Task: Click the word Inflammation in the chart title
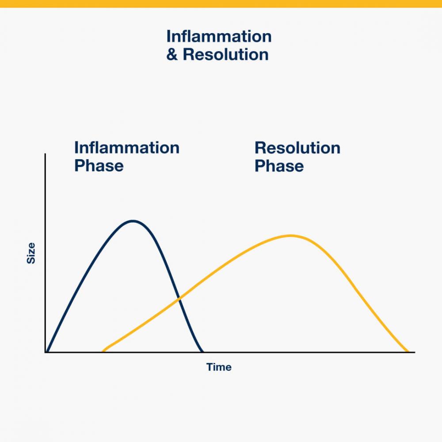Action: tap(219, 36)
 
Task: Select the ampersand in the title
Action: tap(172, 54)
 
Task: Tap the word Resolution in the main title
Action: tap(225, 54)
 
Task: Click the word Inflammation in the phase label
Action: tap(127, 148)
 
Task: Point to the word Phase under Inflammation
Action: tap(99, 165)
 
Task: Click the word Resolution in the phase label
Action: tap(297, 148)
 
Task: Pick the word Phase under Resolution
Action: tap(279, 165)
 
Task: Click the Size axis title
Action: tap(31, 253)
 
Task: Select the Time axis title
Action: tap(219, 367)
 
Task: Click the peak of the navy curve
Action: tap(133, 221)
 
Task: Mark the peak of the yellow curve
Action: tap(290, 236)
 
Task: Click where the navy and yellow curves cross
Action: tap(179, 299)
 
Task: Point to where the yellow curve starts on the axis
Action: tap(103, 351)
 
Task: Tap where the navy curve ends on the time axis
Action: tap(202, 351)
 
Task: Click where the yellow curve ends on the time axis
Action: tap(408, 351)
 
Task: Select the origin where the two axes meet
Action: tap(46, 352)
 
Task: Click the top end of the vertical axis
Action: tap(45, 154)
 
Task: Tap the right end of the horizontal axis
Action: tap(415, 352)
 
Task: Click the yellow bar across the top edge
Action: tap(221, 4)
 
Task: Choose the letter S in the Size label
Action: tap(31, 260)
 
